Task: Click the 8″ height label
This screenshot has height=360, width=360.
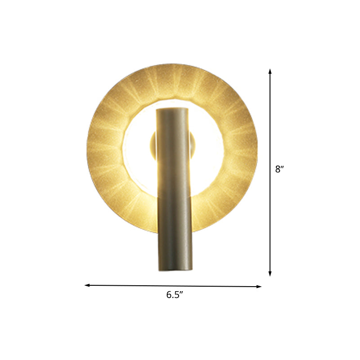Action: [x=279, y=170]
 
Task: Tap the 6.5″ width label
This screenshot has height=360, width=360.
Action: [x=174, y=295]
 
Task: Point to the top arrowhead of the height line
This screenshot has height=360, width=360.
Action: [x=270, y=71]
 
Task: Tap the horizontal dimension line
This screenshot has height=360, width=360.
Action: [x=173, y=286]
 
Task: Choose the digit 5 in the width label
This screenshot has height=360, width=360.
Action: [x=177, y=295]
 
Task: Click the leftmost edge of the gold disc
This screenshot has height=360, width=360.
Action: [x=87, y=153]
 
